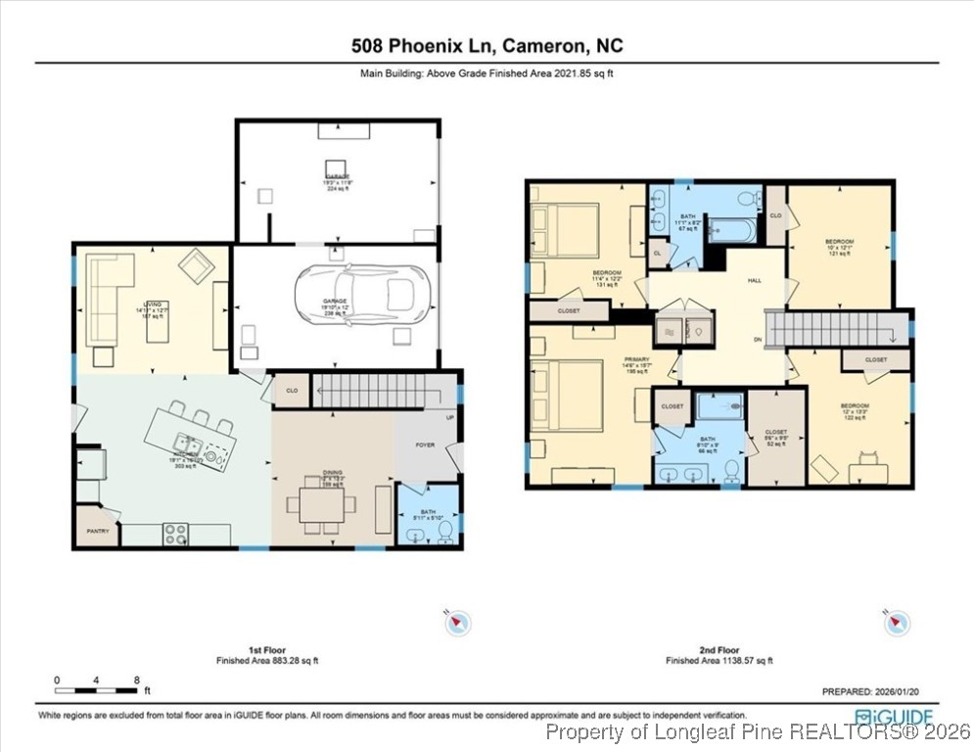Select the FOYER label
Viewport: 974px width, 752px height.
pos(425,444)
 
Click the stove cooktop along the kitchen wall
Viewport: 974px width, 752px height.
pos(176,534)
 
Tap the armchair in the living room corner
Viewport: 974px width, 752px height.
pos(196,266)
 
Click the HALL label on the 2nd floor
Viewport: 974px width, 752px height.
pos(755,281)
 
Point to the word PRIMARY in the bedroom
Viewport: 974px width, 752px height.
pos(636,359)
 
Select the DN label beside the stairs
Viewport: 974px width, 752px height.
pos(757,340)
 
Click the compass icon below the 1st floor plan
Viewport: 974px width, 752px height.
pos(457,622)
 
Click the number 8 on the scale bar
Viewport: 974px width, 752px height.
pos(136,680)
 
